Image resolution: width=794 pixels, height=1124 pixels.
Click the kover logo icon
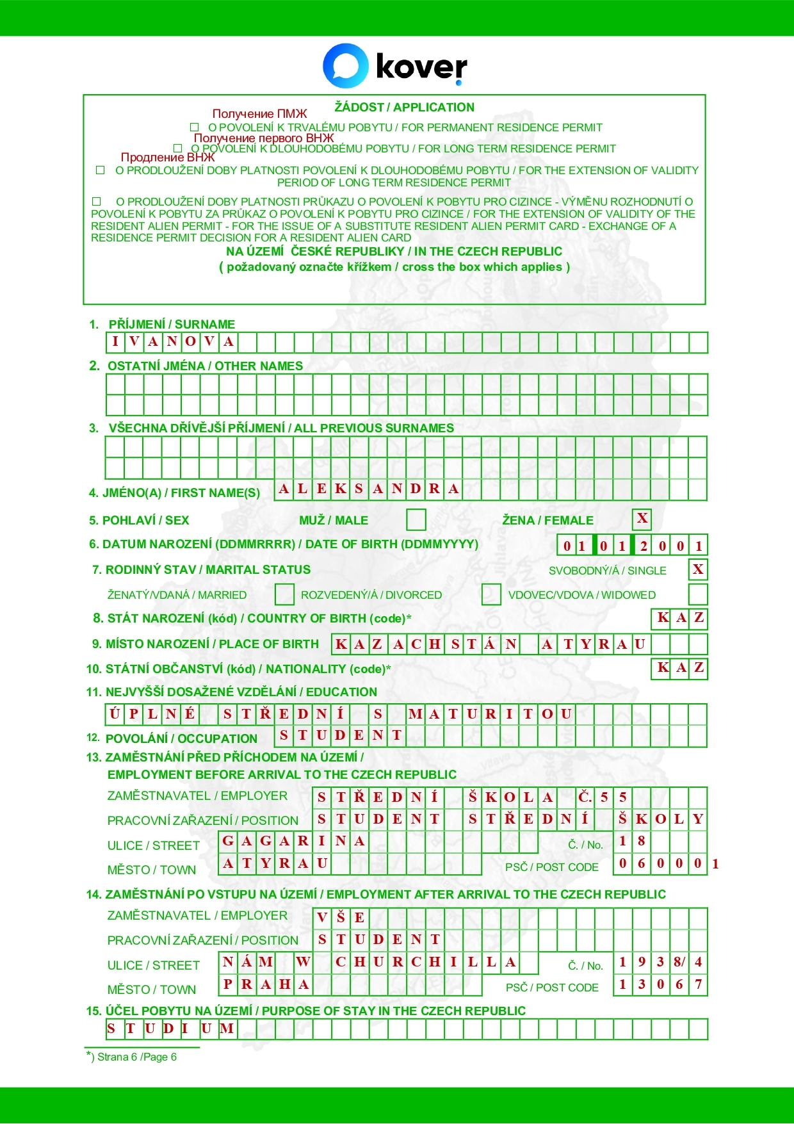pos(345,65)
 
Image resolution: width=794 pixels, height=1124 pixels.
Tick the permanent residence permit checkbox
pos(195,127)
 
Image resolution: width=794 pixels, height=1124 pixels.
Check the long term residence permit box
pos(178,149)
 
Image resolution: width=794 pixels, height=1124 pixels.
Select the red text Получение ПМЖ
pos(259,114)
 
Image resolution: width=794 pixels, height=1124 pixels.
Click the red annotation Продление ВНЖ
pos(167,158)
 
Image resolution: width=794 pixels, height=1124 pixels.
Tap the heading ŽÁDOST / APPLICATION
pos(404,107)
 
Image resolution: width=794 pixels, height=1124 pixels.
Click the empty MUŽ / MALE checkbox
pos(416,520)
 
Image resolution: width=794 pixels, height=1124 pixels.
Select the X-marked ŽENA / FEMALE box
pos(642,519)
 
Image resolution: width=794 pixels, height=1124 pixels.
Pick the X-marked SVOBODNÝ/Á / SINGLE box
pos(697,569)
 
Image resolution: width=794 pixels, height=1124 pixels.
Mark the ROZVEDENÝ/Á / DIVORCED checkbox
pos(284,594)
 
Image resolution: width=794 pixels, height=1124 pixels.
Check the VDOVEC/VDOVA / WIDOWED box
pos(697,594)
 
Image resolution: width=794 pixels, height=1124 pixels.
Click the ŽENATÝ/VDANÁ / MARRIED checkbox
pos(284,594)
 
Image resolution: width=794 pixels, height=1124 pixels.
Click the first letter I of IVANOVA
pos(115,342)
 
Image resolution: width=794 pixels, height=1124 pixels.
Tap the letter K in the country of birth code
pos(663,618)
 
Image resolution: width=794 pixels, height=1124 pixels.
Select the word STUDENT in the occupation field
pos(341,735)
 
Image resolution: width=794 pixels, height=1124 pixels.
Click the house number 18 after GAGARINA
pos(631,841)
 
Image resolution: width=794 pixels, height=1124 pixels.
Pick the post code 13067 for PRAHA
pos(660,984)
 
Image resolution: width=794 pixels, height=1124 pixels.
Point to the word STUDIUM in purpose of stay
pos(171,1029)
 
